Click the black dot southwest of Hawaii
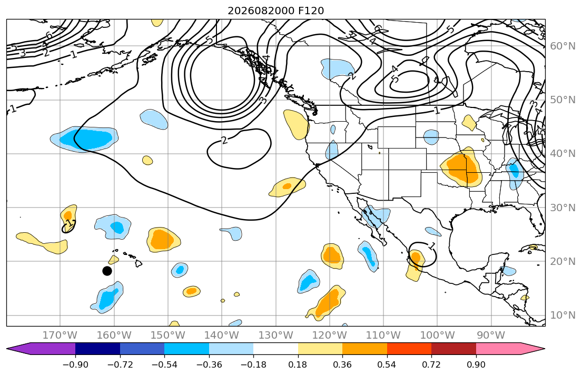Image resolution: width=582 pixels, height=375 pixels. coord(107,271)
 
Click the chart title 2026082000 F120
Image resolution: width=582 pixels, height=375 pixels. coord(276,11)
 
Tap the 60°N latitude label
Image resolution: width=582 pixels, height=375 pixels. coord(563,46)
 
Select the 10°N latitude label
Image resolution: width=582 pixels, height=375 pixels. coord(563,315)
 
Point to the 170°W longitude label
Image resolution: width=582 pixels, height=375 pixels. coord(60,335)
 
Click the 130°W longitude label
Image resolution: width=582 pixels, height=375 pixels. coord(276,335)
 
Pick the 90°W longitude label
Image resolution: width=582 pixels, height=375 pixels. coord(491,335)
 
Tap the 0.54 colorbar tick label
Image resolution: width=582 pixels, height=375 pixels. coord(387,364)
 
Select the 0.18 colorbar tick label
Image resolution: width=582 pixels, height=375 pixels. coord(298,364)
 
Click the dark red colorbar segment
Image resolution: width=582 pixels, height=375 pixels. coord(453,349)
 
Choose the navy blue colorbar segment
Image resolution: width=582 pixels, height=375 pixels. coord(97,349)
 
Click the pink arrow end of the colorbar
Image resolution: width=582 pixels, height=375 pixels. coord(510,349)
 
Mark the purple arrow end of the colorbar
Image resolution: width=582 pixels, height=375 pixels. coord(41,349)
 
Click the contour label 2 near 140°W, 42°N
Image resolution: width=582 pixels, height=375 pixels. coord(224,140)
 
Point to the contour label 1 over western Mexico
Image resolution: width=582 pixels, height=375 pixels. coord(431,245)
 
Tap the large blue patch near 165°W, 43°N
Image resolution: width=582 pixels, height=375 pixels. coord(85,139)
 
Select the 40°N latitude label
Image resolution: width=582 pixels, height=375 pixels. coord(563,154)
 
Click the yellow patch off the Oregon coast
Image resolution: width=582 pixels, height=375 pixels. coord(296,124)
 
